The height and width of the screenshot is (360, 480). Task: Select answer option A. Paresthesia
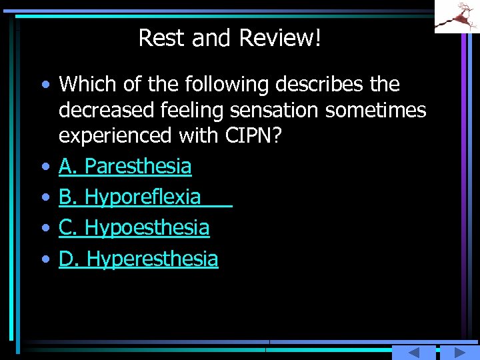[x=125, y=167]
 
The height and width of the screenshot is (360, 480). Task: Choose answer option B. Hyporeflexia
[x=129, y=197]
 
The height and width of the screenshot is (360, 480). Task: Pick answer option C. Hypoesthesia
[x=133, y=228]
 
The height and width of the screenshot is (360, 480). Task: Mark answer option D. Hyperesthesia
[x=138, y=259]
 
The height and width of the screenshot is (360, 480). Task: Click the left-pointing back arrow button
[x=413, y=353]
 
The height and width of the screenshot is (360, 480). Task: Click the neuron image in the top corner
[x=457, y=16]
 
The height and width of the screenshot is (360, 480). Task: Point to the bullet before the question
[x=45, y=85]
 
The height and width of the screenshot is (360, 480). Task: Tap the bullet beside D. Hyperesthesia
[x=45, y=259]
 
